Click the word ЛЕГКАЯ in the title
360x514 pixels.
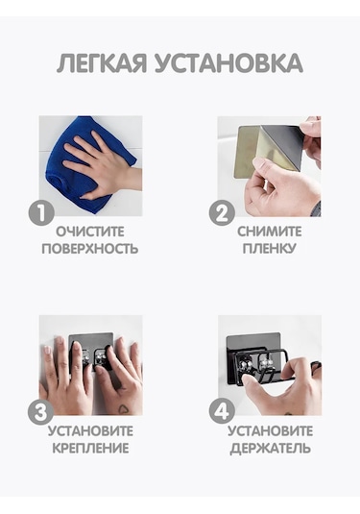pyautogui.click(x=102, y=63)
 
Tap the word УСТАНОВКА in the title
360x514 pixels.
pyautogui.click(x=228, y=63)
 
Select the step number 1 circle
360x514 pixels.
pyautogui.click(x=41, y=213)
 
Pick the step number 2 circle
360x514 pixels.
pyautogui.click(x=222, y=213)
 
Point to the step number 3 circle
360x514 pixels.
pyautogui.click(x=40, y=412)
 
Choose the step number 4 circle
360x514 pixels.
pyautogui.click(x=222, y=412)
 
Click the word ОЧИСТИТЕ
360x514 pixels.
pyautogui.click(x=90, y=232)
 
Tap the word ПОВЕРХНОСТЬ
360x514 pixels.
pyautogui.click(x=90, y=249)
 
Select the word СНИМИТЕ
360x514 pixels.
pyautogui.click(x=270, y=232)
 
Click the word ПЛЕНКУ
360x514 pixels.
pyautogui.click(x=270, y=249)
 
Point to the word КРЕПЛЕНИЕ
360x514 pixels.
pyautogui.click(x=91, y=448)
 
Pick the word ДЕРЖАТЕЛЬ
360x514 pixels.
pyautogui.click(x=271, y=448)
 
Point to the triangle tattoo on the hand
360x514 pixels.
pyautogui.click(x=123, y=409)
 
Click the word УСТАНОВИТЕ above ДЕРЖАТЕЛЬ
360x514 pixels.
pyautogui.click(x=271, y=430)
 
